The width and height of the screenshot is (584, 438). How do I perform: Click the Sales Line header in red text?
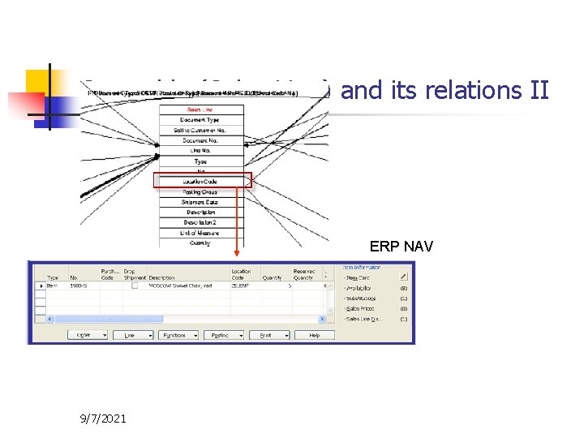200,109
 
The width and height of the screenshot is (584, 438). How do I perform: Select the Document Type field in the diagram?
200,120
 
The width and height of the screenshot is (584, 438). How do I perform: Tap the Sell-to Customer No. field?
200,130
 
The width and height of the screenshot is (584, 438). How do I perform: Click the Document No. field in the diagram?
200,140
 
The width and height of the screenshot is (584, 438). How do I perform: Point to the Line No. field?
200,151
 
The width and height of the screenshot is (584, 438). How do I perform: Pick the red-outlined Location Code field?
200,181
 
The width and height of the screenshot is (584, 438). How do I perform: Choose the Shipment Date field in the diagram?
200,202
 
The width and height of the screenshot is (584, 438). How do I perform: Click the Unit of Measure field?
200,233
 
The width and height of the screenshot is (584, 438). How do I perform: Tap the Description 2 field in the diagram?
200,222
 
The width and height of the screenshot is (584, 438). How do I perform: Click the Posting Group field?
200,191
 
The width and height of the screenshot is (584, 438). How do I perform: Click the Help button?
314,335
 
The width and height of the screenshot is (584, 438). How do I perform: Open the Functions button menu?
178,335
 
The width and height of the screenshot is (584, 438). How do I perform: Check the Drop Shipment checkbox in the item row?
135,286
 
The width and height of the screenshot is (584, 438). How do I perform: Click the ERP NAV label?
396,246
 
